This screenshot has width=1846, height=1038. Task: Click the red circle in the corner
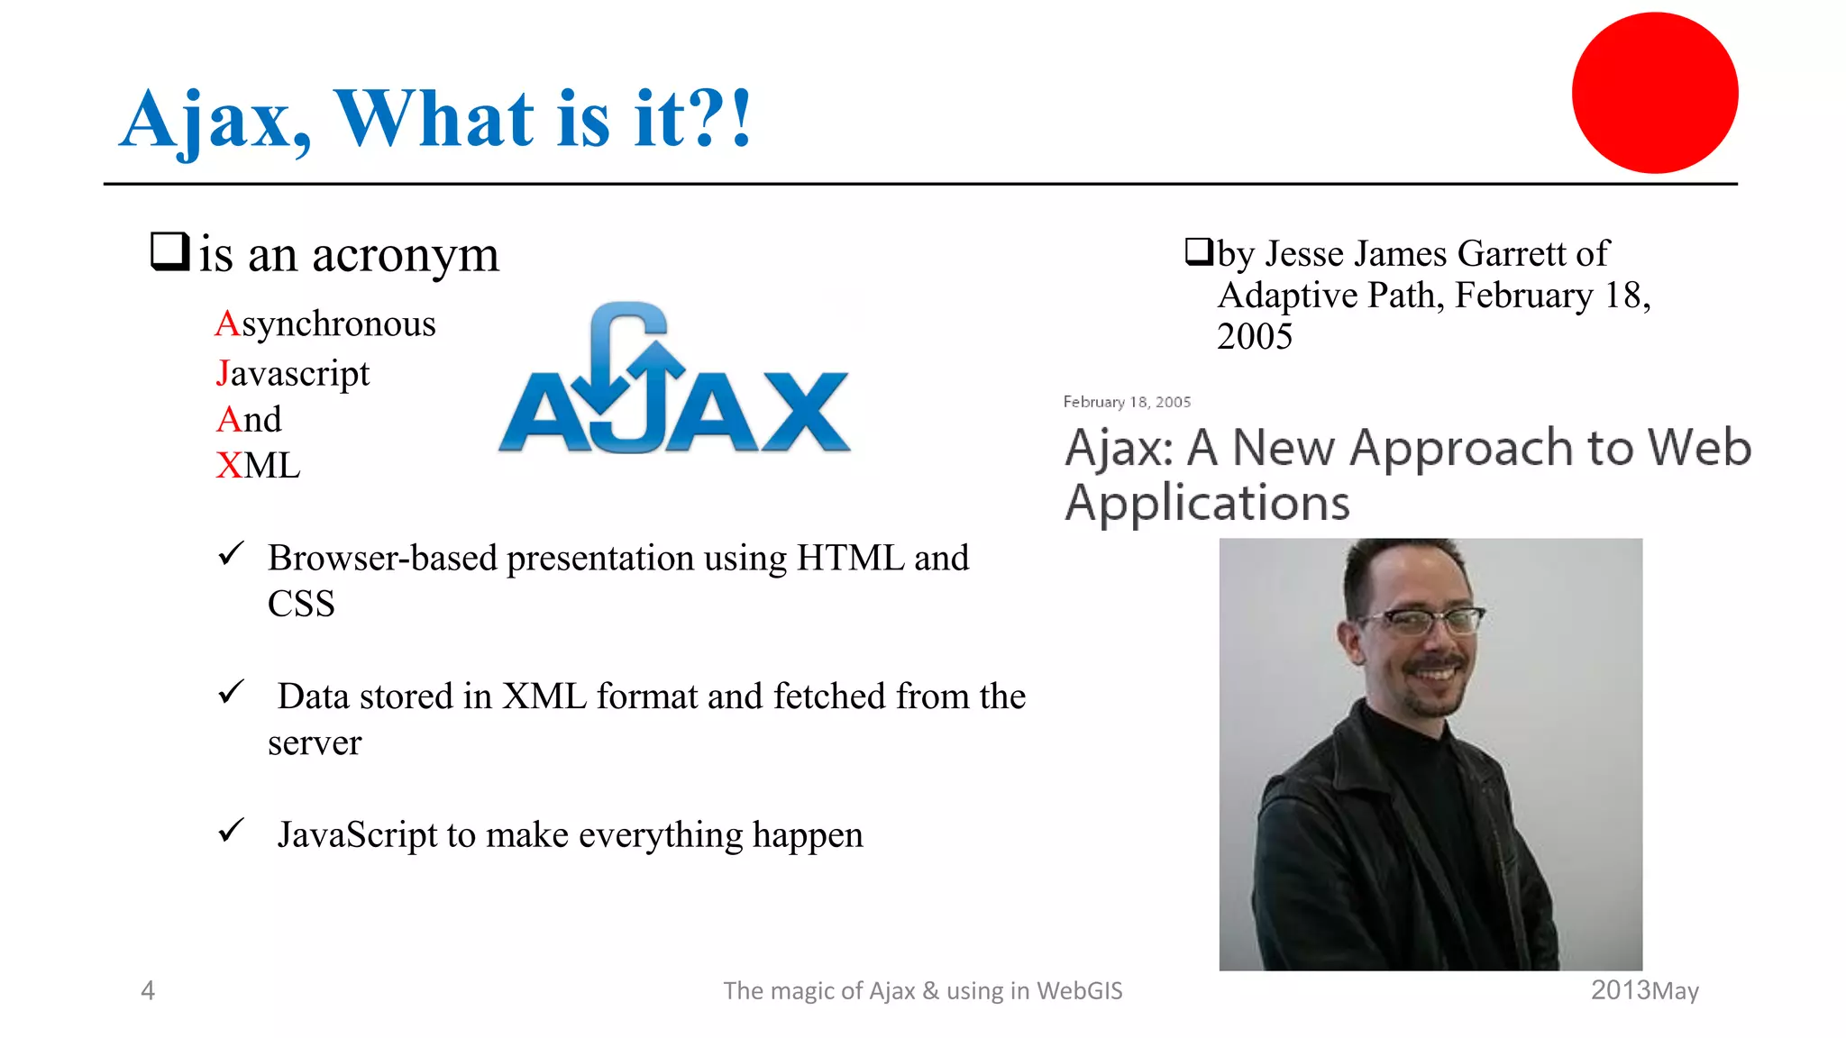[1655, 93]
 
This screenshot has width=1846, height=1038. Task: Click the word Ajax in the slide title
[215, 121]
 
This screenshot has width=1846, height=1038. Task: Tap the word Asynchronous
[325, 324]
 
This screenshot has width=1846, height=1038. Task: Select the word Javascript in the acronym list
[293, 373]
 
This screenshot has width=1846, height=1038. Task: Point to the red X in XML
[229, 466]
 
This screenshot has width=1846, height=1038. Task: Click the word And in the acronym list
[249, 420]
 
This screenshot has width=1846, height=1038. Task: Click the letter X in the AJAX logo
[805, 412]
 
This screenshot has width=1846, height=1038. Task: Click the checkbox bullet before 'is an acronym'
[169, 251]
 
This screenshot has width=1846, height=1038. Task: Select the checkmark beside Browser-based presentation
[232, 553]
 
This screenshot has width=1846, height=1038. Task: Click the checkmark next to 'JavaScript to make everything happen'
[232, 830]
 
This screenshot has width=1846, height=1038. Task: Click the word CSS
[301, 604]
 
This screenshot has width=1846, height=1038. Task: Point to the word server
[315, 743]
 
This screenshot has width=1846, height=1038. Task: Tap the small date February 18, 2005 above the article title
[1127, 402]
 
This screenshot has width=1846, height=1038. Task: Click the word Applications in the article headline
[1207, 503]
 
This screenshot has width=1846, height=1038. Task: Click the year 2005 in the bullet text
[1254, 337]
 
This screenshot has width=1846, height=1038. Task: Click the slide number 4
[148, 990]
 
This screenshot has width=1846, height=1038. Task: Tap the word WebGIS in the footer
[1079, 990]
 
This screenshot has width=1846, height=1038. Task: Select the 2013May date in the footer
[1644, 990]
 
